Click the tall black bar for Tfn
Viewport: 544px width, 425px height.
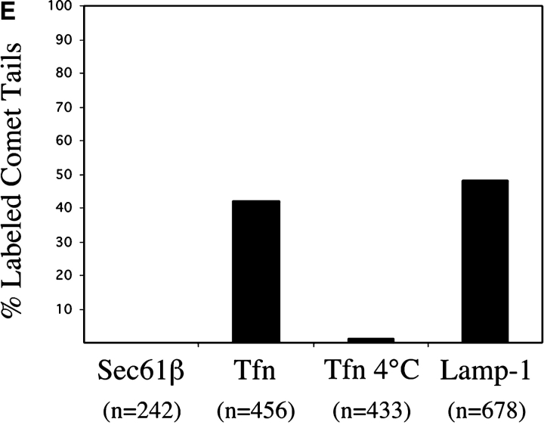coord(256,271)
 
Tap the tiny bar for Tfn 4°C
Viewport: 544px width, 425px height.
coord(370,340)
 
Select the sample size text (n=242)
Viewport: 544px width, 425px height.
coord(141,411)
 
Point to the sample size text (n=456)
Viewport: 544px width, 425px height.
coord(255,411)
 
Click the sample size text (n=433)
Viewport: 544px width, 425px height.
coord(370,411)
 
